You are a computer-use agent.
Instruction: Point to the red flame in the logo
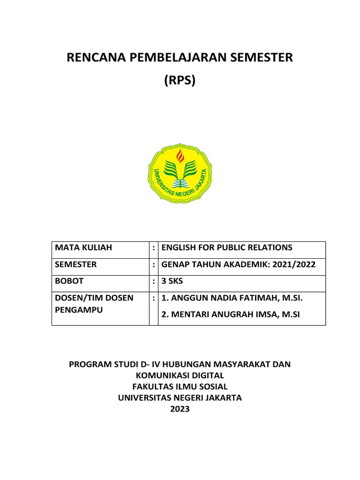(180, 156)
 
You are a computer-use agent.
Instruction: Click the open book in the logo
(180, 182)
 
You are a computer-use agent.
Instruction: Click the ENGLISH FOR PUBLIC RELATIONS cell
(226, 247)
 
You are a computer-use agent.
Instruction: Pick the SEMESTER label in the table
(75, 264)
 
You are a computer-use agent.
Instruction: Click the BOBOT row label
(69, 281)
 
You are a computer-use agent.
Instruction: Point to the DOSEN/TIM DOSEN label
(94, 298)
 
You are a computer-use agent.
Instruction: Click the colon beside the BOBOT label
(154, 281)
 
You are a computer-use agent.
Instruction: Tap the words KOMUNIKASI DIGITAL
(180, 375)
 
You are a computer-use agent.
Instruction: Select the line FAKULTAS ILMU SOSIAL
(180, 387)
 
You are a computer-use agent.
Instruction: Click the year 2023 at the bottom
(180, 409)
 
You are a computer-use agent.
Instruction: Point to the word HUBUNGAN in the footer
(181, 364)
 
